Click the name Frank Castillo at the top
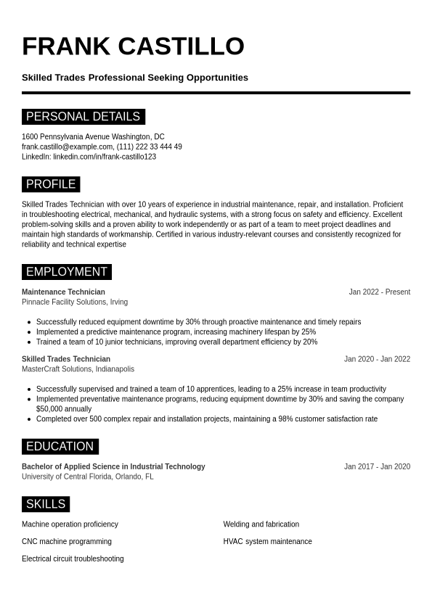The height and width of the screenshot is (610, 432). coord(133,46)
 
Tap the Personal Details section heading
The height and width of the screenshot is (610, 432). coord(83,117)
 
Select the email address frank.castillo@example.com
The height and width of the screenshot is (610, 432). coord(67,147)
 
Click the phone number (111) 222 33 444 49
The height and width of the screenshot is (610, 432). coord(150,147)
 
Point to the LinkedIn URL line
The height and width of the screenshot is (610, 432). coord(89,157)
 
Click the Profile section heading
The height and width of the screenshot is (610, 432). coord(51,184)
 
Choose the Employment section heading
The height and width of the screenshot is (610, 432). coord(66,272)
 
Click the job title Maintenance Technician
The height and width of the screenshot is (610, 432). coord(63,292)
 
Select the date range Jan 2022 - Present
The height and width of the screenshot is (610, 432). coord(379,292)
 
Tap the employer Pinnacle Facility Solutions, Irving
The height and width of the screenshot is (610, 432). coord(75,302)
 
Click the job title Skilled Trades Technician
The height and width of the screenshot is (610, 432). coord(66,359)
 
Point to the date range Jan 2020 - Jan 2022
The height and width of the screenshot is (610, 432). coord(377,359)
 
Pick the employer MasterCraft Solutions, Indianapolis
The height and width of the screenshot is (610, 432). coord(78,369)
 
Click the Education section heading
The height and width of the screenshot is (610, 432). coord(60,447)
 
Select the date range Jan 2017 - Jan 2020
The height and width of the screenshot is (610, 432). coord(377,467)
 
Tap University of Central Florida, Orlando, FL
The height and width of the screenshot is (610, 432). coord(88,477)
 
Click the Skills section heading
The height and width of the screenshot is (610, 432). coord(46,504)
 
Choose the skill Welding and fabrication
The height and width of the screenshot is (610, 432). coord(261,524)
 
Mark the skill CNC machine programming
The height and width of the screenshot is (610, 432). coord(67,542)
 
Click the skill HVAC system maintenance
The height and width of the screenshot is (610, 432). coord(268,542)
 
